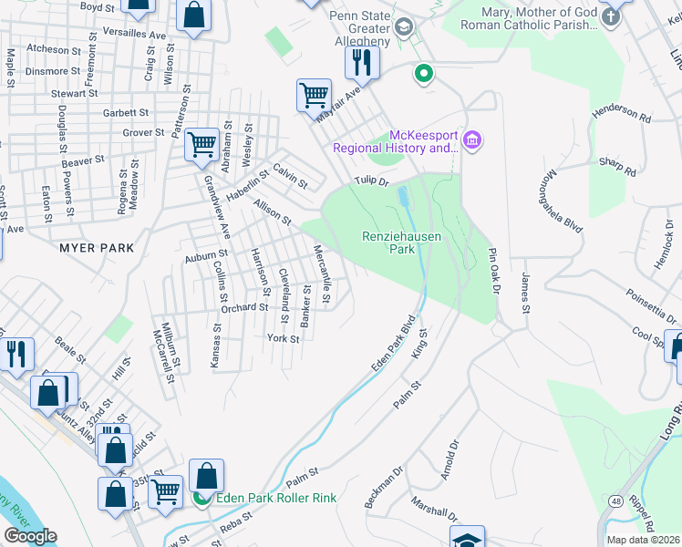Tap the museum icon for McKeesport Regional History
[472, 140]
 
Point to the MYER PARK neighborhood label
[97, 248]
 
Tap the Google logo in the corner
[30, 536]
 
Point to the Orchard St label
[243, 307]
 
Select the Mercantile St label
[320, 274]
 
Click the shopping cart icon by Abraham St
[201, 145]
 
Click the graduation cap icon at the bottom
[466, 538]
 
